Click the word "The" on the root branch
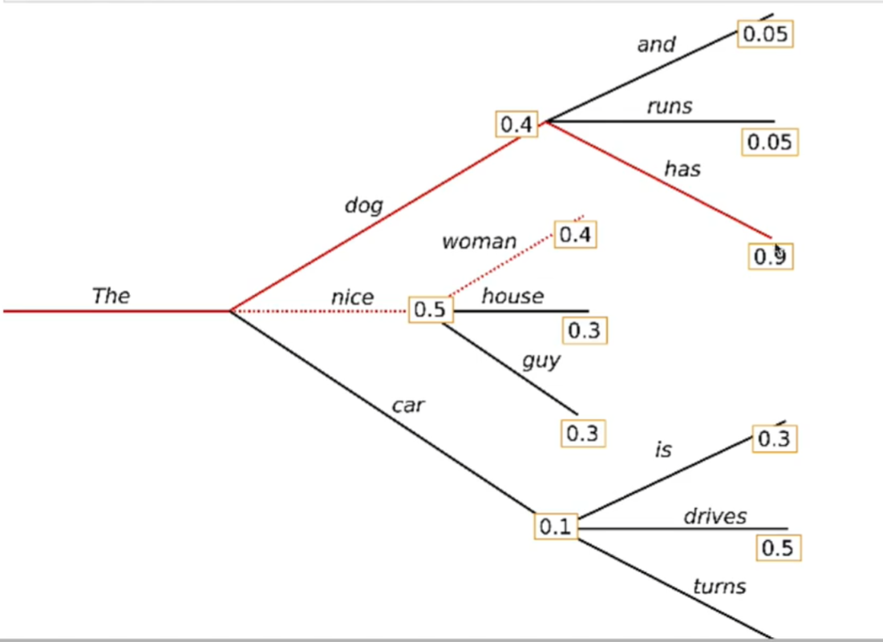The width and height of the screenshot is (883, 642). (x=111, y=296)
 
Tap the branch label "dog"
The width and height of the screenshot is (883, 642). (x=363, y=205)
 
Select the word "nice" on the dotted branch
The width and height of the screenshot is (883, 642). (x=352, y=297)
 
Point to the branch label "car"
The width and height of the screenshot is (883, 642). (x=407, y=406)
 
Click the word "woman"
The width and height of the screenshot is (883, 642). (x=479, y=241)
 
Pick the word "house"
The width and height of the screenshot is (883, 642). (x=512, y=296)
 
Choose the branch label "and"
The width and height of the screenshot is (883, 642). (x=656, y=45)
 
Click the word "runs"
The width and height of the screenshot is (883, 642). (x=669, y=106)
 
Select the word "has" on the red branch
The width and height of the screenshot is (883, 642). (x=682, y=169)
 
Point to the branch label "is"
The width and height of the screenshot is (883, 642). (x=662, y=450)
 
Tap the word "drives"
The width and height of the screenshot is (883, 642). (x=715, y=517)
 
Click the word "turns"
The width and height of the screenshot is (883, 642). (x=719, y=587)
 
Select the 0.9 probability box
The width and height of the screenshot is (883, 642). (x=772, y=256)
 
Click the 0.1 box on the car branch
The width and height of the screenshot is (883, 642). (x=556, y=527)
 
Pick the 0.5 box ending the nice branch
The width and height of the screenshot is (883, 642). (x=430, y=309)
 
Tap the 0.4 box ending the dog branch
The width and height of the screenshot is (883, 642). (x=516, y=125)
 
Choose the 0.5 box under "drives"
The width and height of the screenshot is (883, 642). (x=777, y=547)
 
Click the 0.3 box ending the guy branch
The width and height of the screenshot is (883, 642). (x=582, y=433)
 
